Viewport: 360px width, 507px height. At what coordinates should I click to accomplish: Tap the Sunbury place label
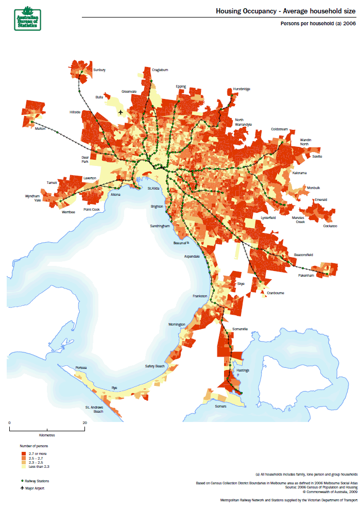pos(99,70)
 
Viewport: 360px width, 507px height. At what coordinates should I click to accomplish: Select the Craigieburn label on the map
pos(160,70)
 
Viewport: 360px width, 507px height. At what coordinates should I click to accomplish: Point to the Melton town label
pos(40,129)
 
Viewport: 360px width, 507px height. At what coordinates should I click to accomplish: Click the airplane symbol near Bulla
pos(121,112)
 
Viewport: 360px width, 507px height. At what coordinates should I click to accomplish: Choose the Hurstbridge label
pos(241,89)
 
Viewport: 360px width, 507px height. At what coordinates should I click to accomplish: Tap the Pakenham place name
pos(306,276)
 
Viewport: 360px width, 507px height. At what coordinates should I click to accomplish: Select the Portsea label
pos(81,367)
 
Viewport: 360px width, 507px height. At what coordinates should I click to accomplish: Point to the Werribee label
pos(68,212)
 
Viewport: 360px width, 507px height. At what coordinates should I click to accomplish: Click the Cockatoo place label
pos(330,226)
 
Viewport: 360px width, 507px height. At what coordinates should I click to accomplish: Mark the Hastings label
pos(243,370)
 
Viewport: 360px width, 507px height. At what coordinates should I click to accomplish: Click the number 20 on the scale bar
pos(84,422)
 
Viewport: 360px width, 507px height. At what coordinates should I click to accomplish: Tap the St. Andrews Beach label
pos(95,409)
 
